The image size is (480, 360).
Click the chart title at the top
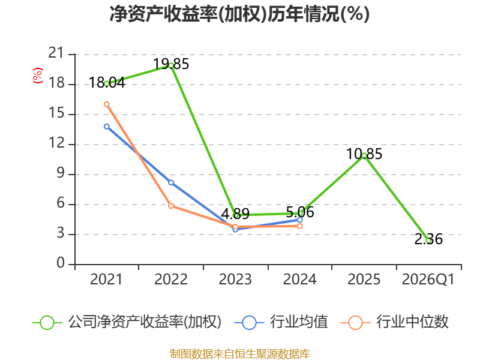click(239, 14)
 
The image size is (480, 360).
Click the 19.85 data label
click(171, 64)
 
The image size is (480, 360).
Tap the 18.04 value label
click(107, 83)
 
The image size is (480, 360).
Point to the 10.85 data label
click(364, 154)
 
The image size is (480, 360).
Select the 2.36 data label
click(428, 239)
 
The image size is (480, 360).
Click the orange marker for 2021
click(107, 104)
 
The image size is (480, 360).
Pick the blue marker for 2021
click(107, 127)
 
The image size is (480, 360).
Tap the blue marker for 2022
click(171, 183)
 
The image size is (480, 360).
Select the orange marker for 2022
click(171, 206)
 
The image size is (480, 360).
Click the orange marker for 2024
click(299, 226)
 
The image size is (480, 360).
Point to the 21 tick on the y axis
click(56, 53)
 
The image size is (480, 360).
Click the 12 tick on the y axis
click(56, 143)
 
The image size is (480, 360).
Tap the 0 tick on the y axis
click(61, 263)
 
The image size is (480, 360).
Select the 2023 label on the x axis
click(235, 279)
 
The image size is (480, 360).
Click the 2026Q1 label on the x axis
click(428, 279)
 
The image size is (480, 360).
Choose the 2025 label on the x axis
click(364, 279)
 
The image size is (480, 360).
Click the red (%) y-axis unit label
click(38, 76)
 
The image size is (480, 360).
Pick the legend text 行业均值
click(299, 322)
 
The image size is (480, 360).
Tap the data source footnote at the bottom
click(240, 354)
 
